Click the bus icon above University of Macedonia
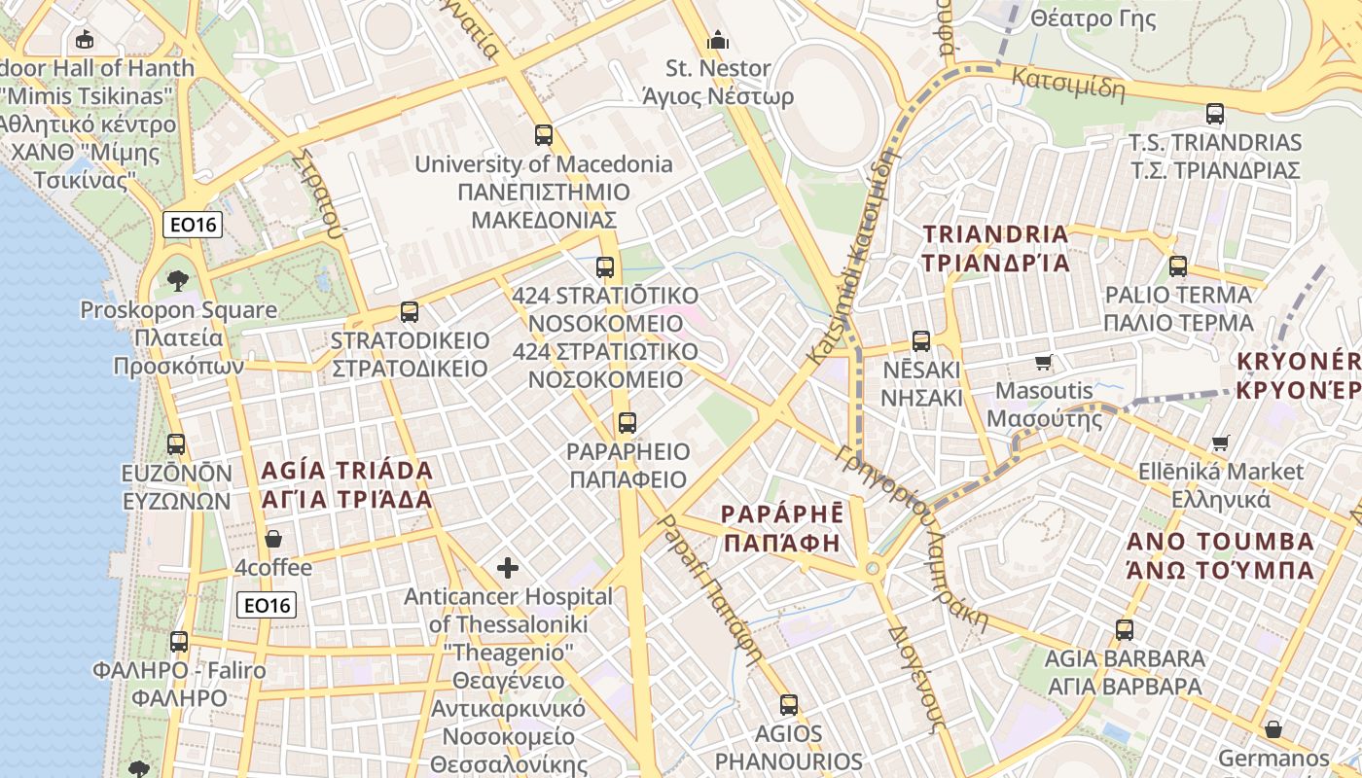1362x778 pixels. click(x=544, y=135)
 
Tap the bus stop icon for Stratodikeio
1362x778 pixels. click(x=410, y=312)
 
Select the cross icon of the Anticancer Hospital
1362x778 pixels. click(x=508, y=568)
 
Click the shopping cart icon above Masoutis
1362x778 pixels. click(x=1044, y=363)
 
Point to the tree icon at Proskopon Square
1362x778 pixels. click(x=177, y=282)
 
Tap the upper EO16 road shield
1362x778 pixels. click(x=194, y=226)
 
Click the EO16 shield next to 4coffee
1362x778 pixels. click(x=267, y=605)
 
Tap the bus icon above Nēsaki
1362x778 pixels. click(x=921, y=341)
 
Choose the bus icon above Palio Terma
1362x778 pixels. click(x=1178, y=265)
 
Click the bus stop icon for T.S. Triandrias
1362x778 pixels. click(x=1215, y=114)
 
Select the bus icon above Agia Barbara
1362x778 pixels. click(x=1125, y=629)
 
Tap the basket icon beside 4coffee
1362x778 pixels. click(x=274, y=539)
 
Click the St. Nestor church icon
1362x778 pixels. click(x=718, y=40)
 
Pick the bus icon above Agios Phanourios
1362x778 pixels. click(x=789, y=705)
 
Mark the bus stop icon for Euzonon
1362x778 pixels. click(x=176, y=444)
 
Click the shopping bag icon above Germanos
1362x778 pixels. click(x=1272, y=729)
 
